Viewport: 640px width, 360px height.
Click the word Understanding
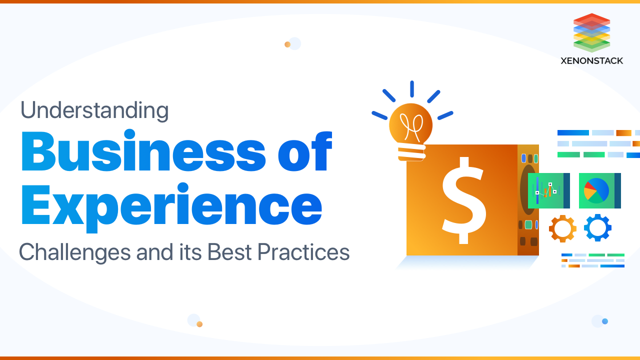coord(94,110)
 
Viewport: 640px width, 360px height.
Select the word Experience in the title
coord(171,205)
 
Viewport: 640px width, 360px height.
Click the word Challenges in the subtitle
coord(74,252)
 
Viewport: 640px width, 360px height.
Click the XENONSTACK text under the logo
coord(592,60)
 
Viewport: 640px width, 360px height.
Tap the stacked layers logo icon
coord(592,33)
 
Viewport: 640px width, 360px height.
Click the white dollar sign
coord(463,200)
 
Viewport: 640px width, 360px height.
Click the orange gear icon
coord(562,228)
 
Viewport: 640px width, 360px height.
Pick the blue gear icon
coord(597,228)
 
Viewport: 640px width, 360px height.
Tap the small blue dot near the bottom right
coord(605,321)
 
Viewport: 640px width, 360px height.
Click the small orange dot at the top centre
coord(287,44)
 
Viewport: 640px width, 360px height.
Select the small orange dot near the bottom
coord(199,324)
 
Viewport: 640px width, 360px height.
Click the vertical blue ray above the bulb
coord(412,89)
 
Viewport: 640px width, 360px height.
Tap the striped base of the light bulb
coord(411,153)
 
